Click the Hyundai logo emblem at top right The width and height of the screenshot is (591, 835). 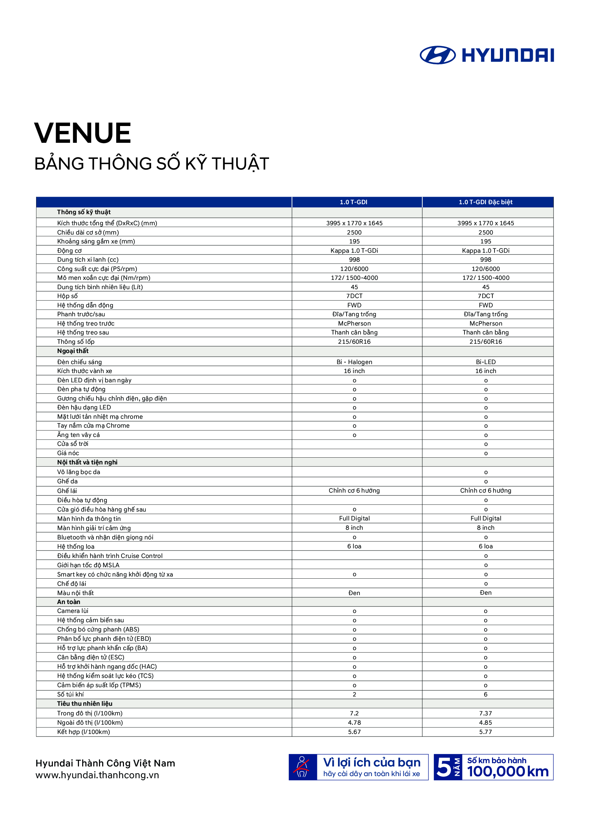(437, 55)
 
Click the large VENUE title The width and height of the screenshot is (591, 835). (83, 133)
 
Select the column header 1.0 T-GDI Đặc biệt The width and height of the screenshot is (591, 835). (486, 202)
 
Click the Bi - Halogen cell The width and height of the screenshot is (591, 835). (354, 362)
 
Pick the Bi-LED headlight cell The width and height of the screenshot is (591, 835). (486, 362)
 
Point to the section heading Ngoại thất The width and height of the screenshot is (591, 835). (73, 351)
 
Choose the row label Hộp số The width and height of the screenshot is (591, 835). (67, 296)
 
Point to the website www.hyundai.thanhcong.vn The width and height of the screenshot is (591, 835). (97, 775)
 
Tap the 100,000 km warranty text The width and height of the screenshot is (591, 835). (508, 772)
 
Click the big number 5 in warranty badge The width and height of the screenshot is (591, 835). (444, 768)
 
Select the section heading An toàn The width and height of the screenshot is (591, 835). (68, 602)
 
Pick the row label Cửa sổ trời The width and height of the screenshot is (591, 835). (73, 444)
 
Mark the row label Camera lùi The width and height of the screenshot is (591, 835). (73, 611)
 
